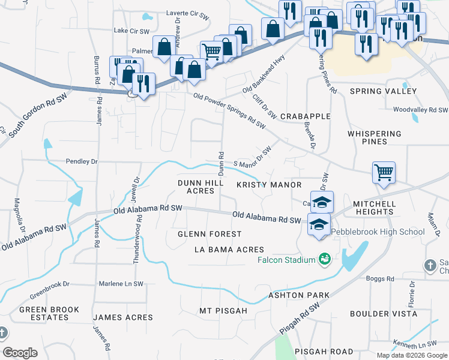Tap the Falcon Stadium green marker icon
point(325,259)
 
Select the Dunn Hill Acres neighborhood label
point(196,187)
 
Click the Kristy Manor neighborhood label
point(268,185)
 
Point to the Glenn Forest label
point(209,234)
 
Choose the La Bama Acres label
point(228,249)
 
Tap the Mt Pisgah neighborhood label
point(223,311)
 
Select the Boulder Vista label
point(383,314)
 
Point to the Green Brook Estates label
point(49,313)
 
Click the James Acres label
point(123,317)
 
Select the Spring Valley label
point(383,91)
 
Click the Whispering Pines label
point(375,137)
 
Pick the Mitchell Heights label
point(374,208)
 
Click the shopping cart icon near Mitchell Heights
point(384,173)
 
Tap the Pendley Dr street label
point(82,162)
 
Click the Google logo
point(20,353)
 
